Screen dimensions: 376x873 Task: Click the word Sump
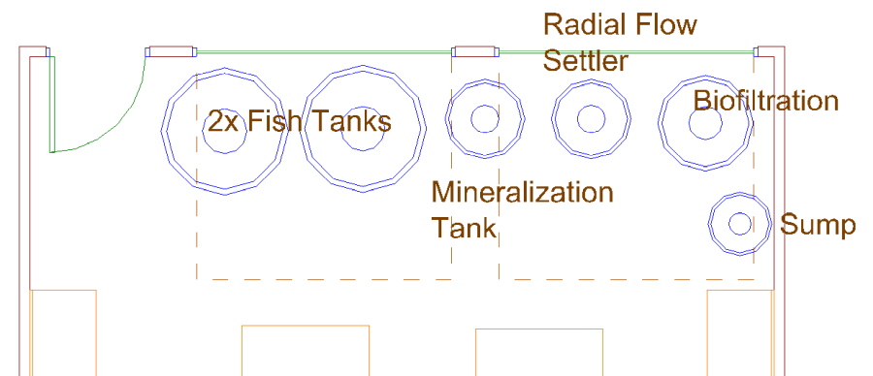[818, 227]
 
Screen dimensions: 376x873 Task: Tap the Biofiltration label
[765, 101]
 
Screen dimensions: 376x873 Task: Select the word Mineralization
[522, 192]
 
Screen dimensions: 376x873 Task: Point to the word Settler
[585, 61]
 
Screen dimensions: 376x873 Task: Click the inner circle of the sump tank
[740, 224]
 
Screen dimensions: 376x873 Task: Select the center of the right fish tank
[365, 128]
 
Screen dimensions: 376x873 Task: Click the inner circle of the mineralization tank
[484, 119]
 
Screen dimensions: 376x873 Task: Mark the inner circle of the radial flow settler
[591, 119]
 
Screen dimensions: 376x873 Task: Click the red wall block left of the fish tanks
[171, 52]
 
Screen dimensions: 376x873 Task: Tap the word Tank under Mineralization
[464, 229]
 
